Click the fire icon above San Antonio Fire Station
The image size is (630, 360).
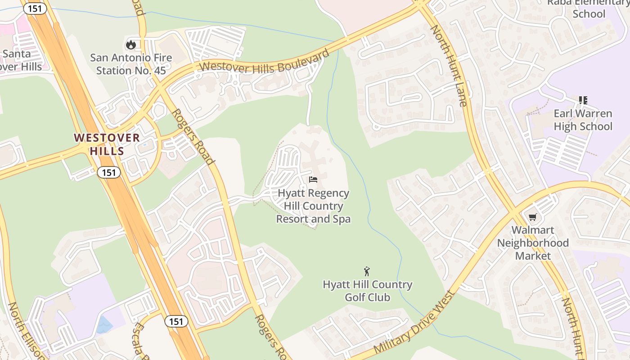click(x=131, y=44)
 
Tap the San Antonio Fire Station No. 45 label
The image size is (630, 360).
click(x=131, y=64)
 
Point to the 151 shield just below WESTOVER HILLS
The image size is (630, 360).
click(x=108, y=172)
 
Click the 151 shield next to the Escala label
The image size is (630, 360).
click(x=176, y=321)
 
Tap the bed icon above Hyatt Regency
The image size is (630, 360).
click(x=313, y=180)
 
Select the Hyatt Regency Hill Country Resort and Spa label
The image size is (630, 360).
click(x=313, y=206)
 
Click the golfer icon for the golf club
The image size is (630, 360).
click(x=367, y=271)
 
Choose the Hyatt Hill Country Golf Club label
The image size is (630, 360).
click(x=367, y=291)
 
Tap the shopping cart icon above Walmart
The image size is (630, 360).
click(x=533, y=217)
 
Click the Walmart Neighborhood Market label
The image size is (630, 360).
click(x=533, y=243)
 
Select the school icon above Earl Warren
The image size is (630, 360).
click(x=583, y=100)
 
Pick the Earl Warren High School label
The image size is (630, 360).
click(x=583, y=120)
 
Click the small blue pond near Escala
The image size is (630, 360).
click(x=104, y=324)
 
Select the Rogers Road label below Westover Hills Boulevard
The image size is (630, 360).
click(x=192, y=136)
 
